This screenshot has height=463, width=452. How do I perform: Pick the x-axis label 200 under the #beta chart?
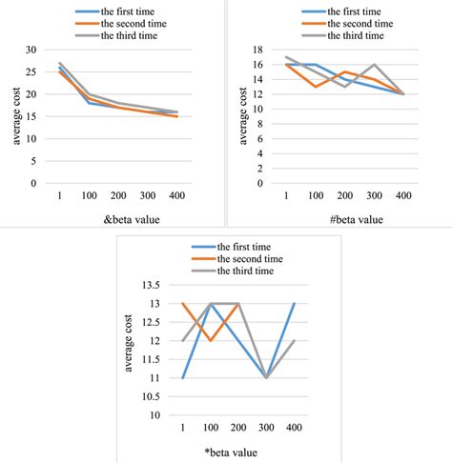[x=346, y=196]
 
